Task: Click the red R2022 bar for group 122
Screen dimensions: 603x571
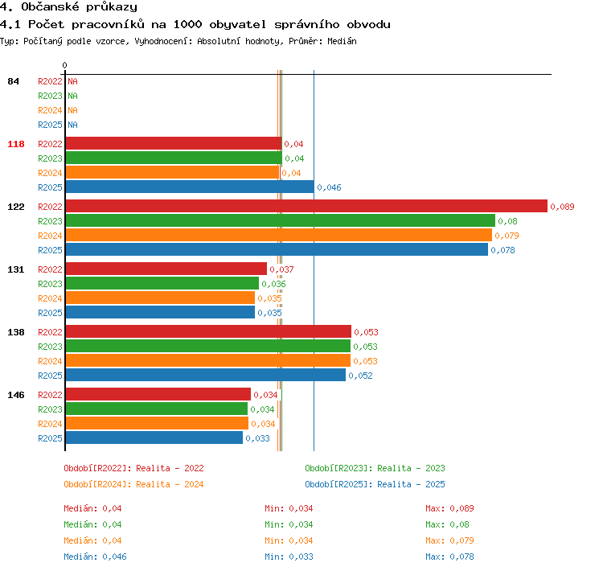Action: (x=306, y=206)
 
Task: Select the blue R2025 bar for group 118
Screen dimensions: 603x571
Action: (x=190, y=187)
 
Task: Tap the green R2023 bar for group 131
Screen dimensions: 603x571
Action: (x=162, y=284)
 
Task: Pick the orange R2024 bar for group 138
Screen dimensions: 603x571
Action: (x=208, y=361)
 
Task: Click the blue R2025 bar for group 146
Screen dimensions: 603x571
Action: (x=154, y=437)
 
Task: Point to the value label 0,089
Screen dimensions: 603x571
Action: (x=562, y=207)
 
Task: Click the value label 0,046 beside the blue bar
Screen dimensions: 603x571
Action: (x=329, y=187)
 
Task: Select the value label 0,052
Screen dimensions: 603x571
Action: (x=361, y=376)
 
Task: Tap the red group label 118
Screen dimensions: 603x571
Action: (x=16, y=144)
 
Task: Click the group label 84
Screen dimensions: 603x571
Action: (x=13, y=81)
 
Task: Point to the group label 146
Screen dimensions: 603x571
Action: (x=16, y=395)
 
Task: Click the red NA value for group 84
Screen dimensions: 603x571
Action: (x=72, y=81)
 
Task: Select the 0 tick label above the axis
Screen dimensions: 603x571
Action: (x=64, y=65)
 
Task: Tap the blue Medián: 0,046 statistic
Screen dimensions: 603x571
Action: (x=95, y=557)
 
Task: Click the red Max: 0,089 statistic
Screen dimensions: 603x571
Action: (x=449, y=508)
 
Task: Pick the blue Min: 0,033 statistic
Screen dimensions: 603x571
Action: (x=289, y=557)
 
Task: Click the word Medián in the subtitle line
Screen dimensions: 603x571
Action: (x=342, y=41)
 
